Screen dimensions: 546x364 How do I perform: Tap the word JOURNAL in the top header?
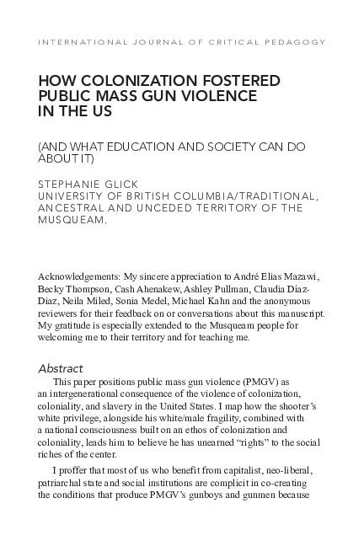[153, 41]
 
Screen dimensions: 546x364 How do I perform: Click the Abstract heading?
[60, 368]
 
